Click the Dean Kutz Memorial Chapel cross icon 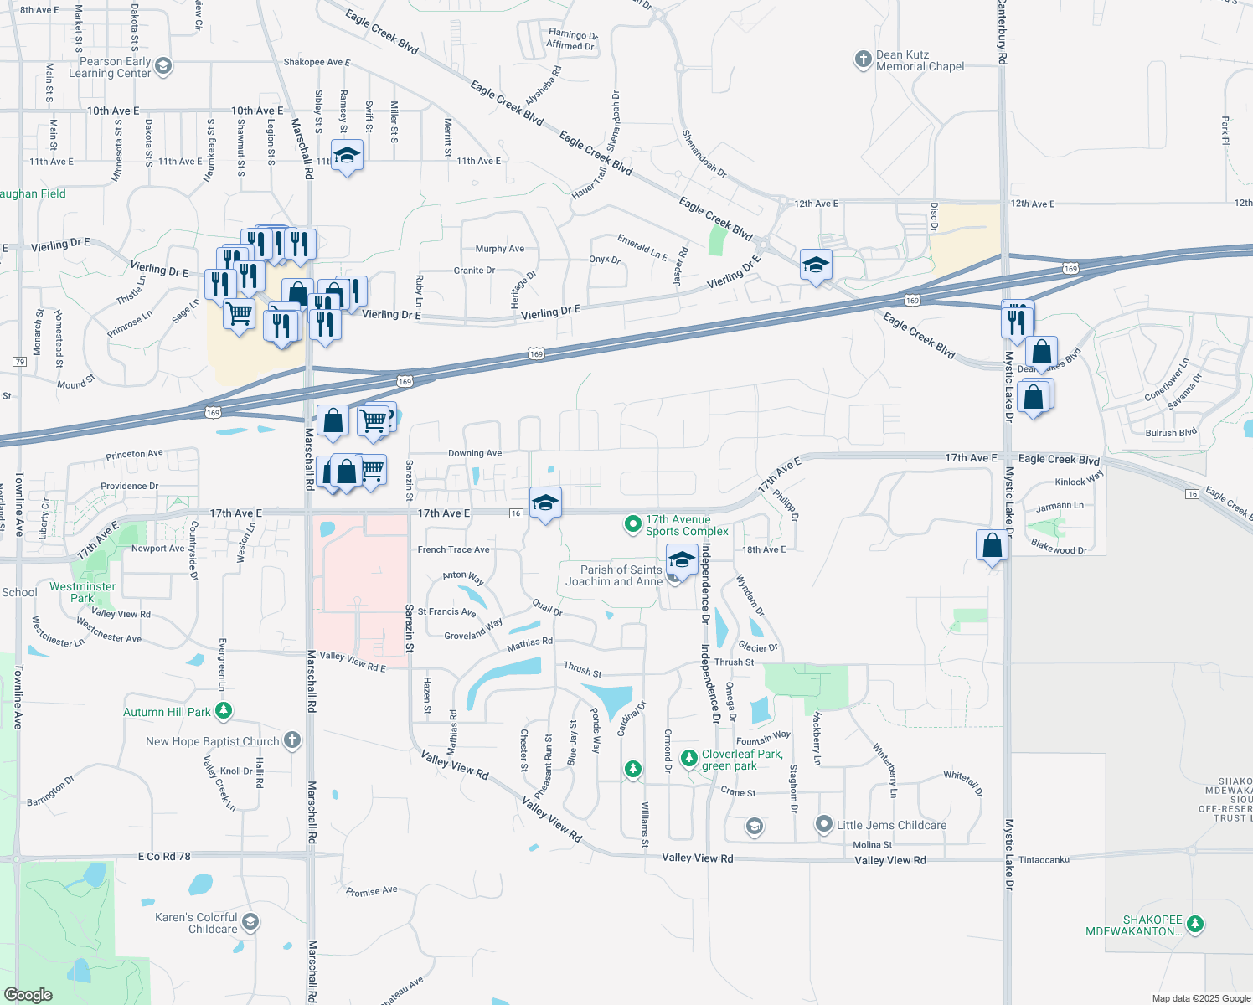click(x=863, y=59)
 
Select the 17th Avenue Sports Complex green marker click(x=633, y=525)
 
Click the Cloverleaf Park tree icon click(x=688, y=758)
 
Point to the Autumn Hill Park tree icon click(x=223, y=711)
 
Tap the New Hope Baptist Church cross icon click(x=291, y=740)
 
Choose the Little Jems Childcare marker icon click(x=824, y=825)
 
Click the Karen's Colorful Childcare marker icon click(x=250, y=922)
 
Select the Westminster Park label click(x=82, y=592)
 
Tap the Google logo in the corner click(x=28, y=994)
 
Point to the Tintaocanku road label click(x=1044, y=859)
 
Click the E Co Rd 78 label click(x=164, y=856)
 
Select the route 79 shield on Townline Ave click(x=19, y=362)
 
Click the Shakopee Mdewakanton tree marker click(x=1195, y=924)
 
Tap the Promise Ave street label click(x=371, y=891)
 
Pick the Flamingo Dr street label click(x=573, y=35)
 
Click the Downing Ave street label click(x=475, y=453)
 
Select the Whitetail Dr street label click(x=962, y=783)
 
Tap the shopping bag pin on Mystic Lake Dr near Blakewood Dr click(x=992, y=546)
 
